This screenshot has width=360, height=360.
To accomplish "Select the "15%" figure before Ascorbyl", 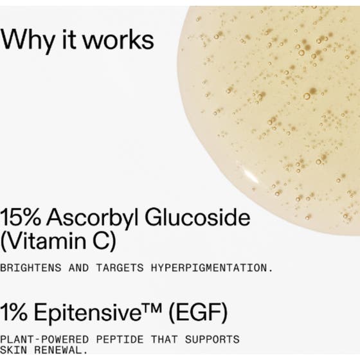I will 22,217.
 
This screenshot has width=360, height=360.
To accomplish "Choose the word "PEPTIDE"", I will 122,339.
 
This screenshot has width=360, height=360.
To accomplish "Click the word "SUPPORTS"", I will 216,339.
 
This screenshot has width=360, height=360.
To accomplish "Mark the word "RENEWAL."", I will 54,351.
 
